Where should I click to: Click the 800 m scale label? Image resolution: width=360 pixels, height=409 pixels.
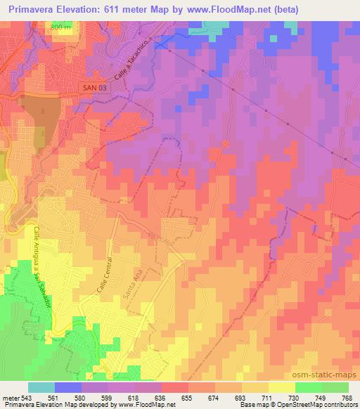(x=61, y=27)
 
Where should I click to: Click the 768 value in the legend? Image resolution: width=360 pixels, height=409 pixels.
(x=347, y=398)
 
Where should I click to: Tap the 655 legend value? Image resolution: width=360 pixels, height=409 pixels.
(x=186, y=398)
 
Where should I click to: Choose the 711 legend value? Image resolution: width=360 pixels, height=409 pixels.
(x=267, y=398)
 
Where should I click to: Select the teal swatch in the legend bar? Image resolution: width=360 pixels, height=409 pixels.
(x=41, y=387)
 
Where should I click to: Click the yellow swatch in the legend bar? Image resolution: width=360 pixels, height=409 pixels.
(x=281, y=387)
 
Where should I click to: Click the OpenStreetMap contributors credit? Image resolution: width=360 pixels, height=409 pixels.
(x=314, y=405)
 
